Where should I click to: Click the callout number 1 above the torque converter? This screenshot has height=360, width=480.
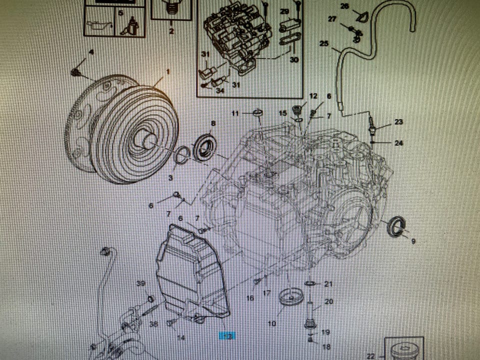point(167,72)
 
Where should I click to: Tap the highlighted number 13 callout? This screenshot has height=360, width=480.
point(227,336)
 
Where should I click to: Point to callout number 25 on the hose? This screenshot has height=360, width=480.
point(324,44)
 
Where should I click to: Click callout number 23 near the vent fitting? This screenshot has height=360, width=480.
point(398,122)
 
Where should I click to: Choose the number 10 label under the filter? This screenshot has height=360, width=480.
point(271,323)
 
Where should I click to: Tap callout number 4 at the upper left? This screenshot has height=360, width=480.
point(91,52)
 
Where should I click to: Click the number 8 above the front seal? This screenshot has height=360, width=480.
point(213,123)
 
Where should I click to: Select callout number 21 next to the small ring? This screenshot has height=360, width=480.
point(328,284)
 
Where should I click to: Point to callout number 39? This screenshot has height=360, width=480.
point(141,283)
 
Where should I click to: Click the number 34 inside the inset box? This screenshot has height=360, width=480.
point(220,90)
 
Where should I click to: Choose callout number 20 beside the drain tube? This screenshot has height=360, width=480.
point(328,301)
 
